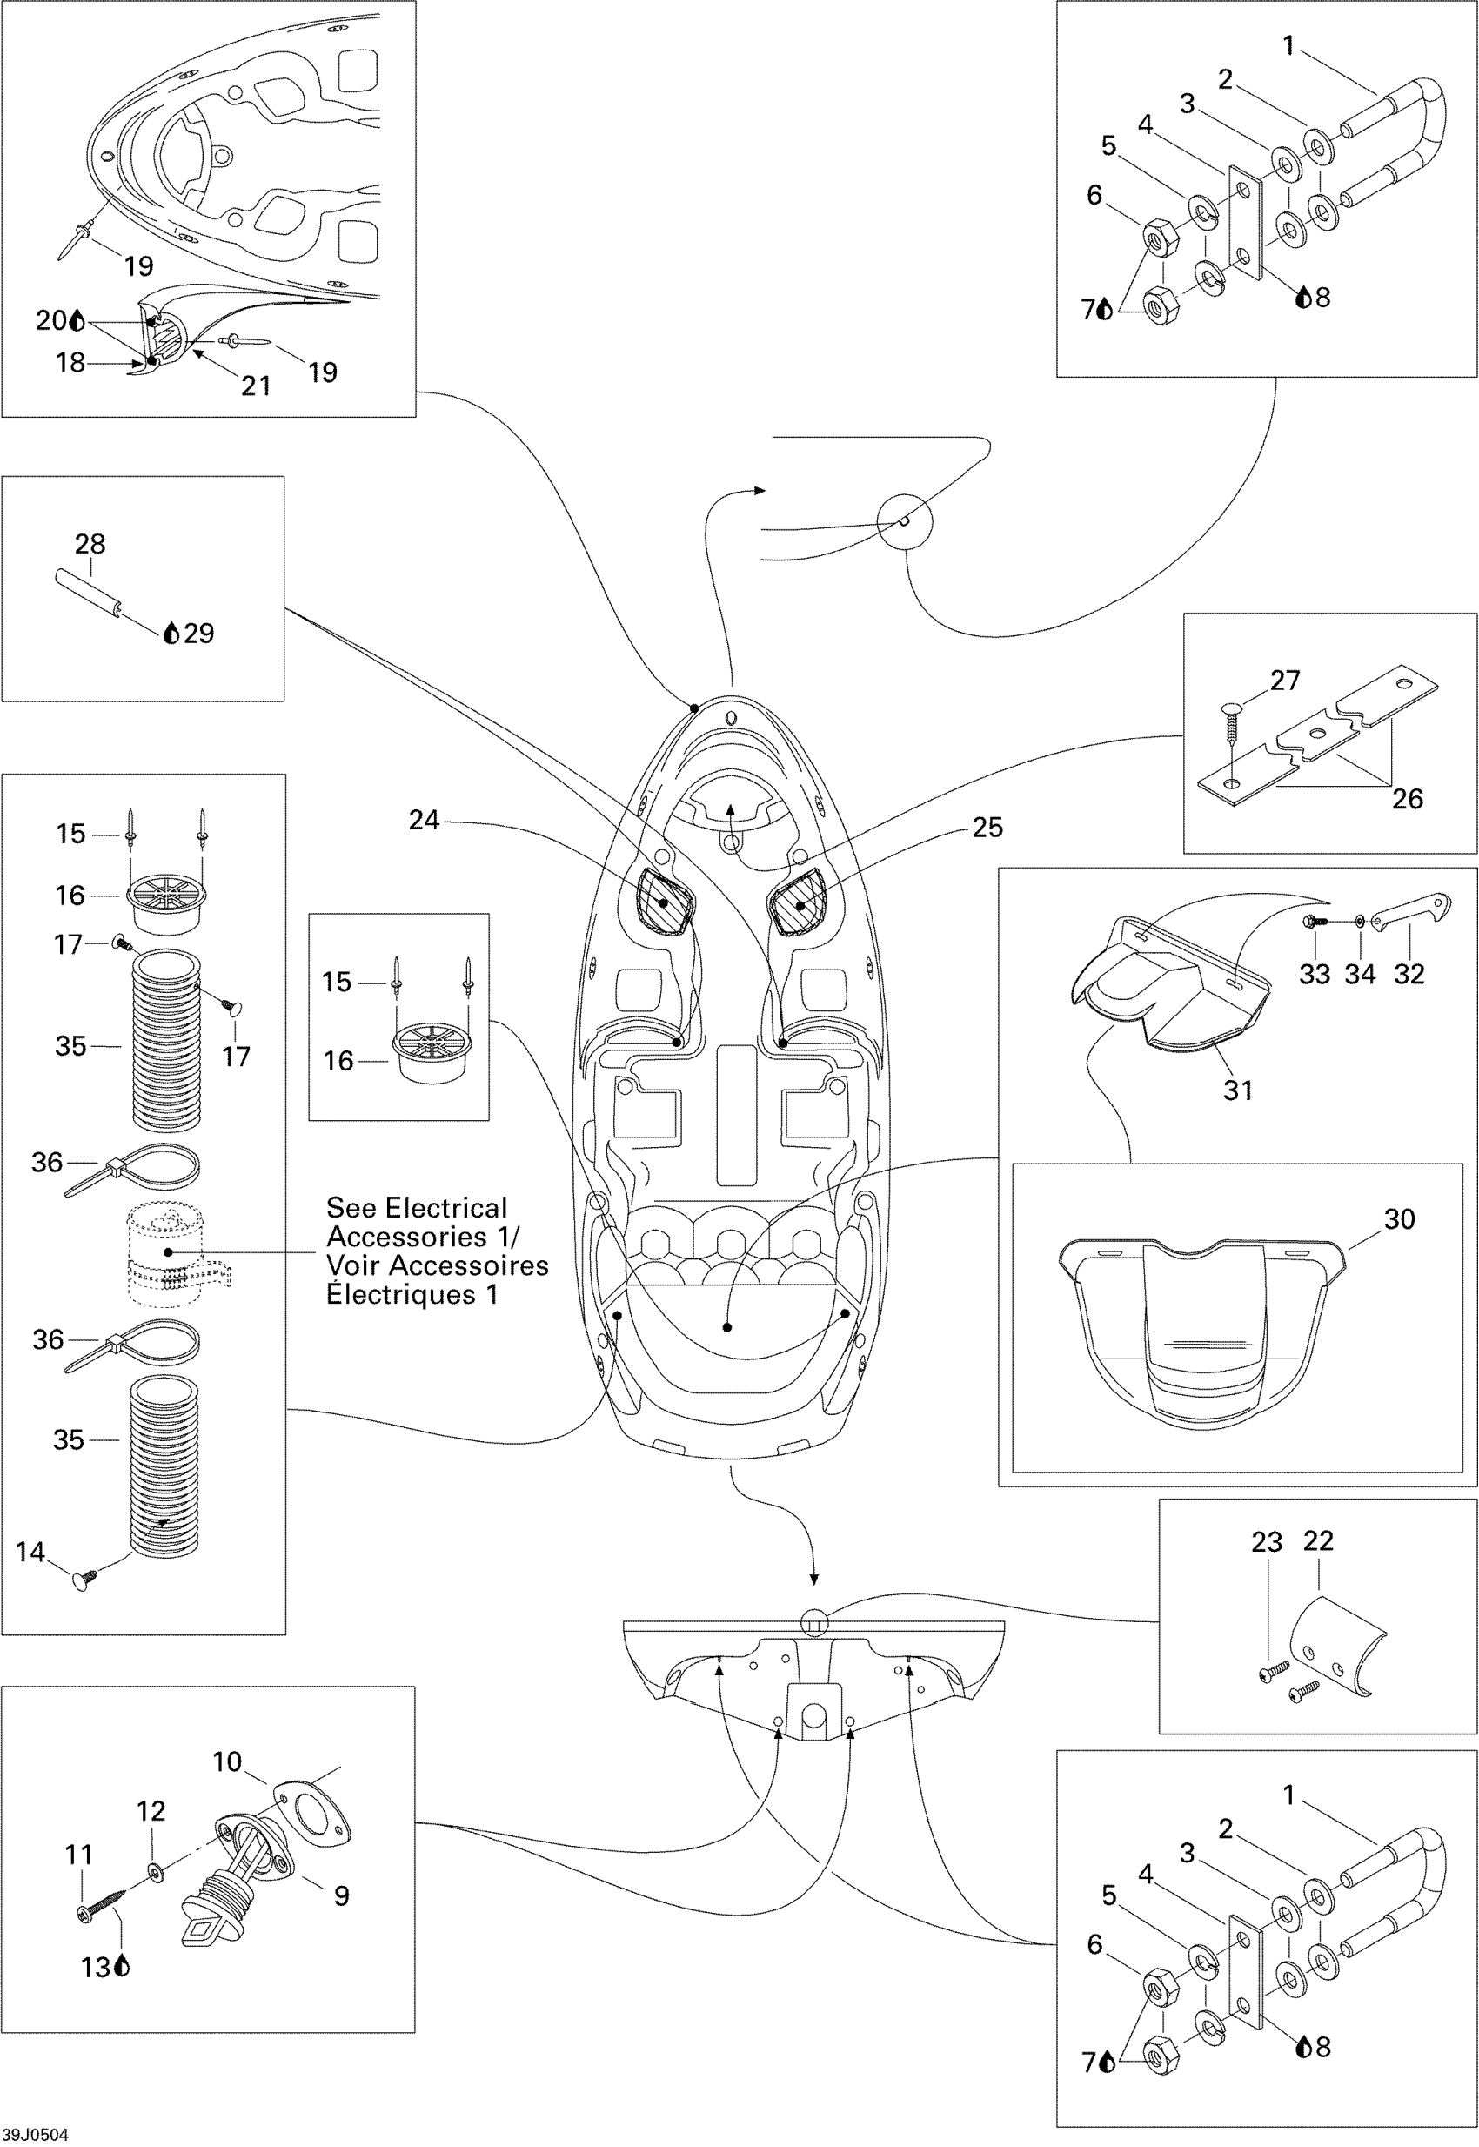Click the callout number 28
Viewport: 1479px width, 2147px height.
coord(90,544)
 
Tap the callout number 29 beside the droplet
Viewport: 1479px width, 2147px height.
coord(198,634)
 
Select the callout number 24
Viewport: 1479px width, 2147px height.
coord(424,821)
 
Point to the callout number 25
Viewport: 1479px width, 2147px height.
coord(987,827)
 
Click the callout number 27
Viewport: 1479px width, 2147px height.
coord(1284,681)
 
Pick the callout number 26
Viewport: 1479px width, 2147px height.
coord(1407,798)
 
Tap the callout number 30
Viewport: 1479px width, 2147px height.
coord(1399,1219)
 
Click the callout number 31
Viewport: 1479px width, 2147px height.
coord(1238,1090)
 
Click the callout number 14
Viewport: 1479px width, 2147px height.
coord(30,1552)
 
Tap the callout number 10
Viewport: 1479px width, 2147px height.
coord(227,1762)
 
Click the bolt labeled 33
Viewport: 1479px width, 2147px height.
coord(1313,922)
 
